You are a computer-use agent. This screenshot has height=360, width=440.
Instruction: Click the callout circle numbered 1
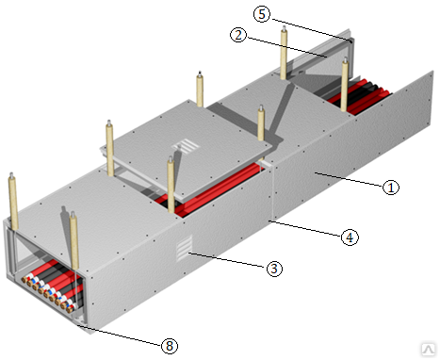point(391,188)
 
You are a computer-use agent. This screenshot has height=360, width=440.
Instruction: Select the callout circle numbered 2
point(238,35)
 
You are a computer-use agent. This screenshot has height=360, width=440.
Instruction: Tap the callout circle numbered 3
point(274,269)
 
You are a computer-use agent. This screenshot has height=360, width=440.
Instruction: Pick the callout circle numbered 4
point(350,237)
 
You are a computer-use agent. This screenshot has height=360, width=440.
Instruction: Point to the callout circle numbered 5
point(262,14)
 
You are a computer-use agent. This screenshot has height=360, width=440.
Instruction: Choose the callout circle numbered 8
point(170,346)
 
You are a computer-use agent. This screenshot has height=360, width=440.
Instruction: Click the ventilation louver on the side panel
point(184,248)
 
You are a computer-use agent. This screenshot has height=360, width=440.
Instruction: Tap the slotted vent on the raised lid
point(186,147)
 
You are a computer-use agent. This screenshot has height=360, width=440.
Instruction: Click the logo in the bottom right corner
point(428,349)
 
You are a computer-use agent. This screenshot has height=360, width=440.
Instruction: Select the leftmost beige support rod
point(13,201)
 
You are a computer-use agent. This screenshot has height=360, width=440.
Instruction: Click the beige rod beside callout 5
point(284,53)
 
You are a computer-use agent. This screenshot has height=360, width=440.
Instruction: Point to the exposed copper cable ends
point(47,293)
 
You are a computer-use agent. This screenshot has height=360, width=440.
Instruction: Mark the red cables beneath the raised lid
point(214,188)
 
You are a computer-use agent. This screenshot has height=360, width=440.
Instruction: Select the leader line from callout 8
point(120,335)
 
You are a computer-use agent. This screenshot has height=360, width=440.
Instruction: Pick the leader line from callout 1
point(349,179)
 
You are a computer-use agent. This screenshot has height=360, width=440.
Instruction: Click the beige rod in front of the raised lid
point(171,185)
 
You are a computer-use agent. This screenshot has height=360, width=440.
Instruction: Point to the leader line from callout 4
point(306,228)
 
